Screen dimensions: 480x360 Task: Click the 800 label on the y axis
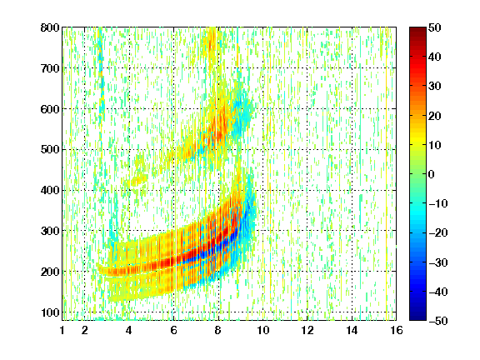(x=50, y=27)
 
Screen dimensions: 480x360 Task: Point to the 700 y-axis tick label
(x=50, y=68)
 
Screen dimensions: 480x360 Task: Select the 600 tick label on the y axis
(x=50, y=109)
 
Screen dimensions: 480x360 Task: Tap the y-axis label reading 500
(x=50, y=150)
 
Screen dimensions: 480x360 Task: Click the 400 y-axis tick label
(x=50, y=190)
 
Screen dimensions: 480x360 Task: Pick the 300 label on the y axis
(x=50, y=231)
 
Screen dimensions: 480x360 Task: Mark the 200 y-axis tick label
(x=50, y=272)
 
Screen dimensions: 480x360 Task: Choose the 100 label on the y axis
(x=50, y=312)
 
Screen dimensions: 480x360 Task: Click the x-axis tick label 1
(x=62, y=330)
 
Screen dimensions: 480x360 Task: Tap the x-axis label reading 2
(x=85, y=330)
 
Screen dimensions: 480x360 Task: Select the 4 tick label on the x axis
(x=129, y=330)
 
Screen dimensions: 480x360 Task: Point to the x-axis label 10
(x=262, y=330)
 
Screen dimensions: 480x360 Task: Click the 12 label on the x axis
(x=307, y=330)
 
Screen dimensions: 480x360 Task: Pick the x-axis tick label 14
(x=352, y=330)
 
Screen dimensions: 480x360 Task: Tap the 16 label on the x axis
(x=397, y=330)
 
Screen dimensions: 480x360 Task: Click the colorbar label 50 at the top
(x=434, y=27)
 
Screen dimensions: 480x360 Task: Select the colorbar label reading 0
(x=432, y=174)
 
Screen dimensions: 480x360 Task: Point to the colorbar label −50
(x=438, y=321)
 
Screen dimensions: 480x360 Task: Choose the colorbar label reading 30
(x=434, y=87)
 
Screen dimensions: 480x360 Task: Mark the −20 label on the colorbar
(x=438, y=232)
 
